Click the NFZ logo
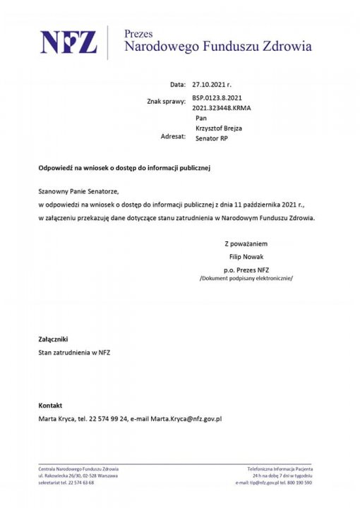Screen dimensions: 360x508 [68, 43]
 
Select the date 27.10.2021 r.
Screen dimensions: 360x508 [212, 83]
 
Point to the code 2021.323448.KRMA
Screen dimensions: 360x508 [222, 108]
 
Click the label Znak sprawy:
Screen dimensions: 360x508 [167, 102]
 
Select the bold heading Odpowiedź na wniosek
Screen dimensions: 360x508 [124, 169]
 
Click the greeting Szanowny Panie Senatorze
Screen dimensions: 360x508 [79, 191]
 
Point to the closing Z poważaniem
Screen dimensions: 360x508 [246, 243]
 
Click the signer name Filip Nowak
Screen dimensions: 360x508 [246, 256]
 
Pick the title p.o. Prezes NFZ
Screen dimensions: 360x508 [246, 270]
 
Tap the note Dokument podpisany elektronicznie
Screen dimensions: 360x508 [246, 279]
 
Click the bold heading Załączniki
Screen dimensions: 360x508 [54, 339]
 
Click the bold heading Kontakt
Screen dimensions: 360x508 [50, 406]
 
